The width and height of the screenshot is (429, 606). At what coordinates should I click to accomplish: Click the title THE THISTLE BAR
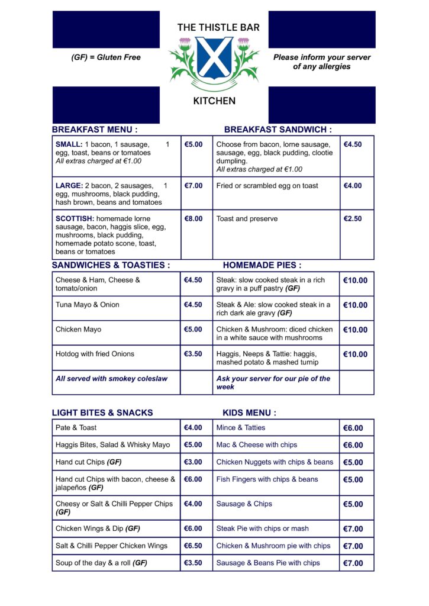[x=218, y=27]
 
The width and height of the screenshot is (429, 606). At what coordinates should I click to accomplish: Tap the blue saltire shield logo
[x=214, y=58]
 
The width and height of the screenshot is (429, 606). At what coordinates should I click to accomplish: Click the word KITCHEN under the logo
[x=214, y=101]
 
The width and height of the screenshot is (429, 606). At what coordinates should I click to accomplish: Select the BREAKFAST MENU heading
[x=95, y=130]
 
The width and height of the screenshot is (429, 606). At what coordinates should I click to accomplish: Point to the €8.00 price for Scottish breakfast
[x=193, y=219]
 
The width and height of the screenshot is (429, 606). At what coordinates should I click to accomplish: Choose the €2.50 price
[x=353, y=219]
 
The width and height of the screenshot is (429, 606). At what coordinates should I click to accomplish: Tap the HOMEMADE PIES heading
[x=262, y=266]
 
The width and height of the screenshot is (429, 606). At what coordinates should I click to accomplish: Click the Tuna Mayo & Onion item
[x=88, y=305]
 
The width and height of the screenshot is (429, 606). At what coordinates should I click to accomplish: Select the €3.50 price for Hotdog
[x=193, y=354]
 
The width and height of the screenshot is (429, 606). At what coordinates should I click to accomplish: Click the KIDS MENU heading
[x=249, y=413]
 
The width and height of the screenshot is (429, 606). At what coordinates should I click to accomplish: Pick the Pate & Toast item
[x=76, y=428]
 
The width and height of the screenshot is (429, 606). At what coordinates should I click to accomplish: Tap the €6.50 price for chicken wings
[x=193, y=546]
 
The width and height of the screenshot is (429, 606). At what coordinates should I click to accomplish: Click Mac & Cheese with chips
[x=257, y=445]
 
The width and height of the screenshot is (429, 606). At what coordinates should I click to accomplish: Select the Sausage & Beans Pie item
[x=268, y=563]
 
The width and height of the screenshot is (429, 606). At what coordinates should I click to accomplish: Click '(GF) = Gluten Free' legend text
[x=106, y=57]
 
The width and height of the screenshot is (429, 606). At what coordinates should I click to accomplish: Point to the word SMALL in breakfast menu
[x=69, y=144]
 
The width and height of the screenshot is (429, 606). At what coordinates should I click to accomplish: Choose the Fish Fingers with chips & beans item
[x=267, y=479]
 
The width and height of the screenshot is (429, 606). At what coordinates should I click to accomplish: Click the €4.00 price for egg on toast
[x=353, y=186]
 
